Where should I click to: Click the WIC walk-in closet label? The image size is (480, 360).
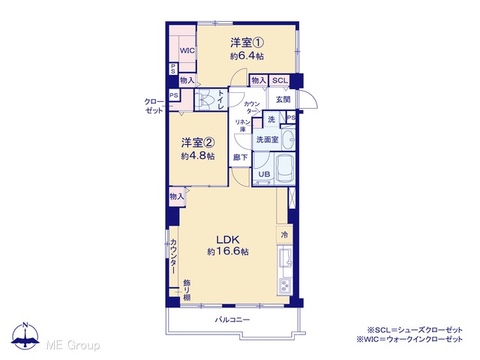tap(187, 50)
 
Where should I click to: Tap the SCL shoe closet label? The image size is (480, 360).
tap(280, 80)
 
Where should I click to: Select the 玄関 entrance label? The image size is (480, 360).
tap(283, 100)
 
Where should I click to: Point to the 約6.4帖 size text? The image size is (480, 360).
tap(247, 56)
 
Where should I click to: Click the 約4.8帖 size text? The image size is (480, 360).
tap(198, 156)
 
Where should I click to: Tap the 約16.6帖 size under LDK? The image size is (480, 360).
tap(228, 252)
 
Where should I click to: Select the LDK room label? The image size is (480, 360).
tap(228, 239)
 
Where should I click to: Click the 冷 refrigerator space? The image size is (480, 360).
tap(284, 235)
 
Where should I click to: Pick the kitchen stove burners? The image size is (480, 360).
tap(285, 286)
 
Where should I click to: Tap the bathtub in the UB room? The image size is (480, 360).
tap(285, 168)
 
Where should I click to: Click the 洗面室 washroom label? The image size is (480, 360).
tap(267, 139)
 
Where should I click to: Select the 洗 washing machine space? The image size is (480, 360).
tap(271, 119)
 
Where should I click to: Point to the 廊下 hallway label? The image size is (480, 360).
tap(240, 157)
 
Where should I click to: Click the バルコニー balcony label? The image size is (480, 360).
tap(232, 320)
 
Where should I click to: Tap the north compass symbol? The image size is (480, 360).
tap(25, 336)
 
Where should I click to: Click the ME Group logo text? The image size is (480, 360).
tap(73, 346)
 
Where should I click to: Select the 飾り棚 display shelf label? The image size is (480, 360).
tap(187, 290)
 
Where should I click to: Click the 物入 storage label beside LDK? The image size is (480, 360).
tap(177, 196)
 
